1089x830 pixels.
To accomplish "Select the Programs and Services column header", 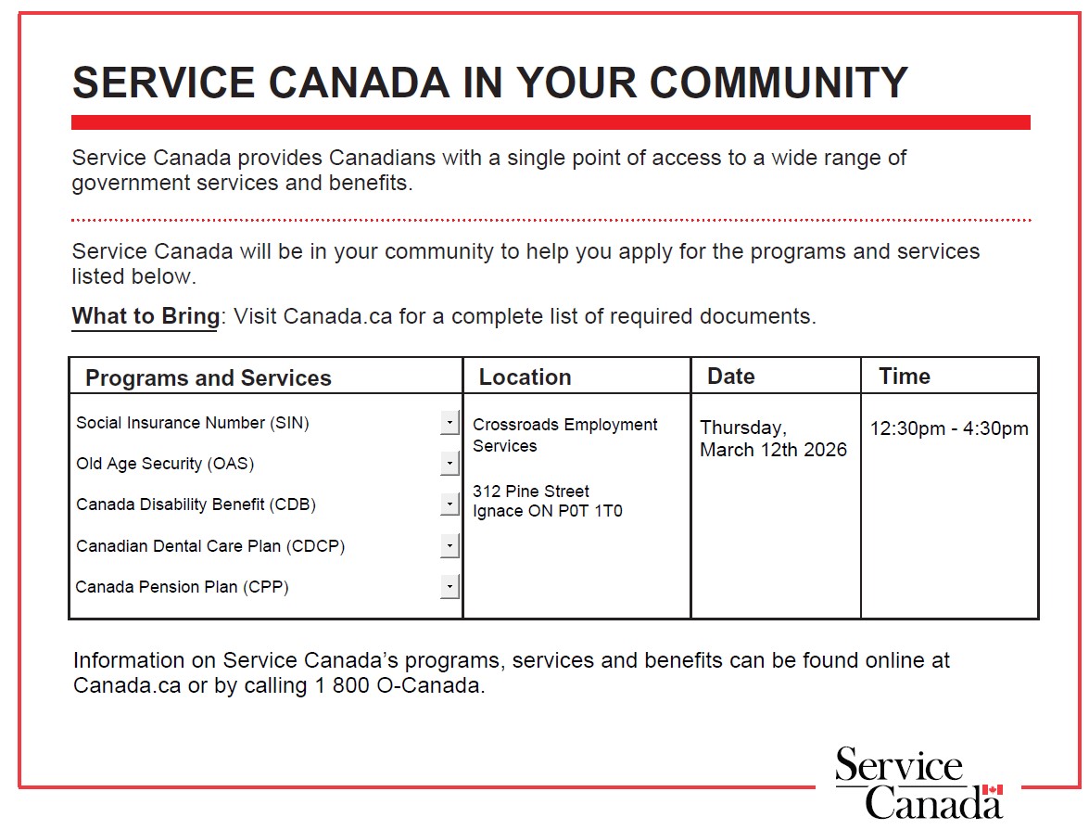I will [208, 378].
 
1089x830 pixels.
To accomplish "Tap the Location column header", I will [525, 377].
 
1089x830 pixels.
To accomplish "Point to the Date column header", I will [730, 377].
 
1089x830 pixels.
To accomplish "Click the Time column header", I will [905, 377].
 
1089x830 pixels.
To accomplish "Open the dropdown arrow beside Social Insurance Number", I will [450, 423].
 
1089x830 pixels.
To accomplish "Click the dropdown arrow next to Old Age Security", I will [450, 464].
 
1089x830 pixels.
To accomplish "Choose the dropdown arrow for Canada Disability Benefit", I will [450, 504].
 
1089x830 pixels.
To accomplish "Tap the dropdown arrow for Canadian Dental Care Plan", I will [450, 545].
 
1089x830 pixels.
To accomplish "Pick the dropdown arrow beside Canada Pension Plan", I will [450, 586].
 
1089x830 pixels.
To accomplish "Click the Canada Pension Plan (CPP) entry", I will [182, 587].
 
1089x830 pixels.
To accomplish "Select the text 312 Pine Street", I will [530, 492].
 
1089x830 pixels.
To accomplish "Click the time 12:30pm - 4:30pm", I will [949, 428].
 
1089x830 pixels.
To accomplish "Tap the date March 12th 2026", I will [773, 451].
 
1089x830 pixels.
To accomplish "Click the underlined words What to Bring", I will [146, 316].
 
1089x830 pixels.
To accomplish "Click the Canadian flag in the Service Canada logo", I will [992, 790].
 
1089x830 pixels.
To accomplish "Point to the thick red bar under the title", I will [551, 122].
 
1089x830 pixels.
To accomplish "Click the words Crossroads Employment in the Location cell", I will [564, 425].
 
